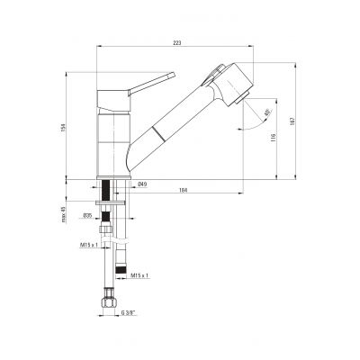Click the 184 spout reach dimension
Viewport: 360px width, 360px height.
tap(184, 190)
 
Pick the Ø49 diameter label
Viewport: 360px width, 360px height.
tap(142, 184)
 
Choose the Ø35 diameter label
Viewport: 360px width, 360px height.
tap(88, 216)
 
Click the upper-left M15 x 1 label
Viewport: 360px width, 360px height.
tap(89, 244)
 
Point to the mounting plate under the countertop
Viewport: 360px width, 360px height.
tap(112, 208)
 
